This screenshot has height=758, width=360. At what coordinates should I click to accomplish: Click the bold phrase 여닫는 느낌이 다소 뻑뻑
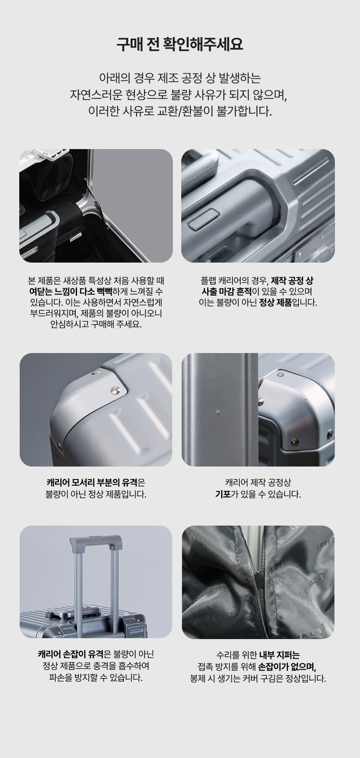(70, 291)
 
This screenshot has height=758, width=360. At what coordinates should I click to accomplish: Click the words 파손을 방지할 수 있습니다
(96, 678)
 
